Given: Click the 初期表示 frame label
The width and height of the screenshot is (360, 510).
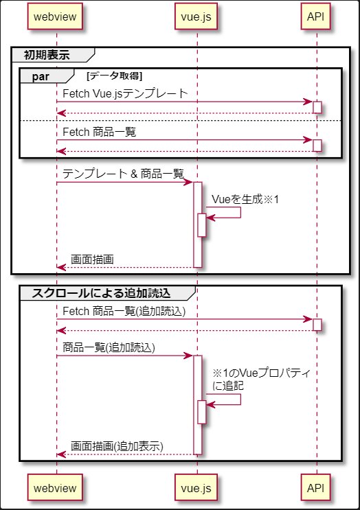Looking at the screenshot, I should [x=47, y=55].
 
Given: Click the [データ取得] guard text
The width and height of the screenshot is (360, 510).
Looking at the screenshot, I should [x=115, y=76].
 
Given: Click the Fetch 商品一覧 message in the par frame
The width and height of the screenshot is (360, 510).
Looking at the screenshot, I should [x=100, y=132].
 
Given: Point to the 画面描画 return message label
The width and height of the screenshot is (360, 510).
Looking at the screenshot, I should [x=92, y=260].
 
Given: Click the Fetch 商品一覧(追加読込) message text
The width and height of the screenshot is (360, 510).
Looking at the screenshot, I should [x=124, y=311].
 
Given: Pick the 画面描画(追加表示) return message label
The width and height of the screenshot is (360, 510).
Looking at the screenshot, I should [x=117, y=446].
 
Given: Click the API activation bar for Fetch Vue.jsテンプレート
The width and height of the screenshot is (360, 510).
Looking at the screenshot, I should [x=317, y=107].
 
